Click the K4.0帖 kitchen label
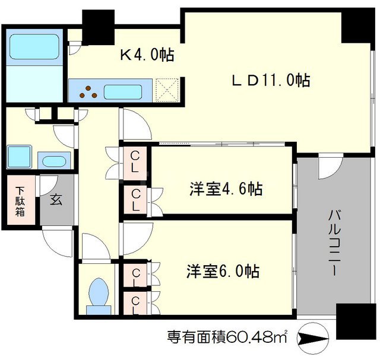tap(147, 56)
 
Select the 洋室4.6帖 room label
tap(226, 189)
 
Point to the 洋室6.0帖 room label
tap(224, 272)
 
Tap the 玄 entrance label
tap(55, 199)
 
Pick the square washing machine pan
tap(21, 157)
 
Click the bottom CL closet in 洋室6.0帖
tap(136, 304)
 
